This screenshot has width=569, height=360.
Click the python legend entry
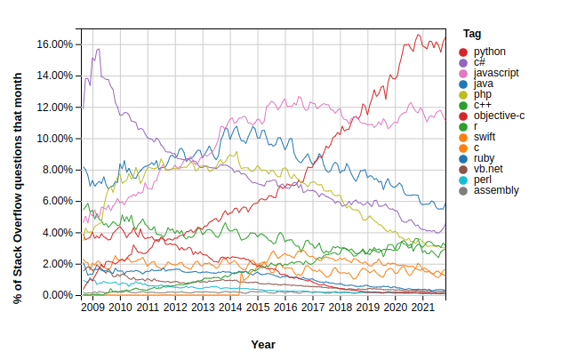(x=489, y=52)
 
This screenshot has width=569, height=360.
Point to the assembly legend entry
(x=496, y=191)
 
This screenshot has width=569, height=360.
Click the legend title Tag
(x=472, y=34)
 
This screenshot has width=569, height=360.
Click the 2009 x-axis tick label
(x=93, y=308)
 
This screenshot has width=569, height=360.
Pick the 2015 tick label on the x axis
(x=258, y=308)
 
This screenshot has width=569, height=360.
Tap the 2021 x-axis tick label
(x=422, y=308)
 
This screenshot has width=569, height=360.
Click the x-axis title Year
(x=263, y=344)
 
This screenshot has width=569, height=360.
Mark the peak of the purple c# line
(x=98, y=49)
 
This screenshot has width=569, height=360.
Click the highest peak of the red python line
(x=419, y=35)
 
